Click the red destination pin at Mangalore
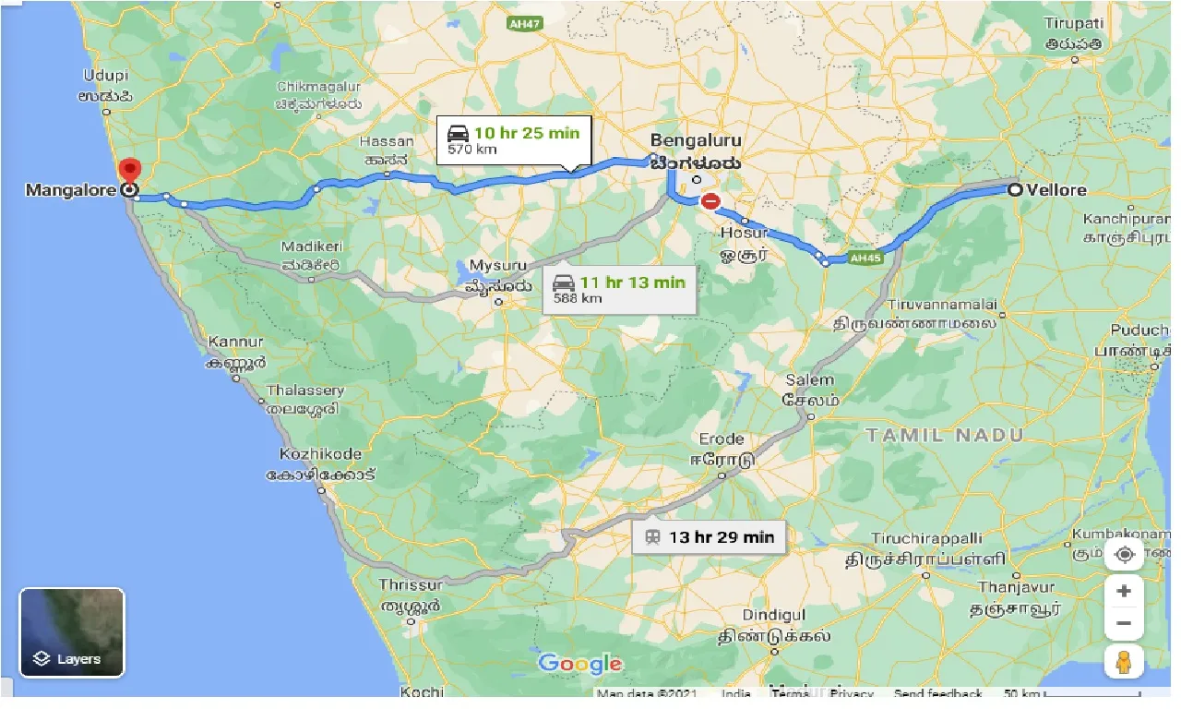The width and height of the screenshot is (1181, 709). [130, 172]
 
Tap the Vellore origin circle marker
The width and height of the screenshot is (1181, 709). [1015, 190]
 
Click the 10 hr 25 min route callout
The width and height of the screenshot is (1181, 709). [513, 139]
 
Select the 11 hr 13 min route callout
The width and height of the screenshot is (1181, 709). [618, 289]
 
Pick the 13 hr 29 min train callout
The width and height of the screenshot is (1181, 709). [709, 536]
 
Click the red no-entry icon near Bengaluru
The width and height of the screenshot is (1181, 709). [710, 200]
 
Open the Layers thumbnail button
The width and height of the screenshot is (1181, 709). [72, 632]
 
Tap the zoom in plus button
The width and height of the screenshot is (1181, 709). [1124, 591]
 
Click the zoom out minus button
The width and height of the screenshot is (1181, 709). [1124, 623]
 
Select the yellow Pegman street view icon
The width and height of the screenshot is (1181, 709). [1124, 661]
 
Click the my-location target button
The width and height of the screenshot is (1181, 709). [1124, 554]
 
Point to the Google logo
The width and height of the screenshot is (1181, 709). [579, 663]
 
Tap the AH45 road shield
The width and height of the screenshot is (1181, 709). [865, 258]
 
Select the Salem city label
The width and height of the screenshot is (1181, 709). [809, 379]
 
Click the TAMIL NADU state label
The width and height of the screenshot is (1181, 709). [944, 435]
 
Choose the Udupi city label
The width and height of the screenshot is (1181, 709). [106, 76]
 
